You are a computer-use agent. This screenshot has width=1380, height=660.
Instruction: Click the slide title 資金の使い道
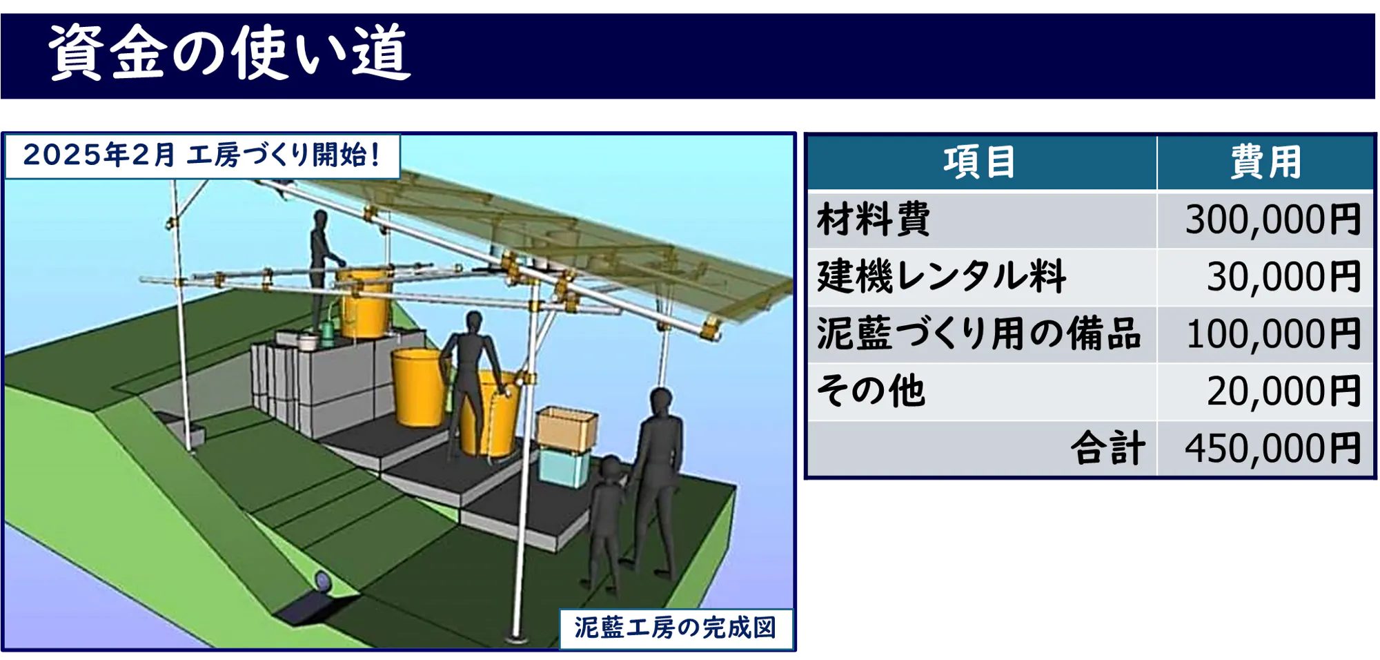(230, 52)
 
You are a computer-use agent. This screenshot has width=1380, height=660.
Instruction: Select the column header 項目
(980, 162)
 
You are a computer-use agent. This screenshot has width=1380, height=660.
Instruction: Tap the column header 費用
(1265, 162)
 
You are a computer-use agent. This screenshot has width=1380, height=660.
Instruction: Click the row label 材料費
(874, 220)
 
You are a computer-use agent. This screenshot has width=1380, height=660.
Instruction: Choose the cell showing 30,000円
(1284, 277)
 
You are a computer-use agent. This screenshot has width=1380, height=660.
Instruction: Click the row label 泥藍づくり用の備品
(978, 334)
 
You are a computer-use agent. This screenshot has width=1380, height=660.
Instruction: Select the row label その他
(871, 391)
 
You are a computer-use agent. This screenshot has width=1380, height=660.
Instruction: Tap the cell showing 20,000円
(1284, 391)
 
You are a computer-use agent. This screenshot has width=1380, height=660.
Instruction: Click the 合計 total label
(1108, 448)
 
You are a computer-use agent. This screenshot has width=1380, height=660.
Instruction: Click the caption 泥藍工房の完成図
(676, 628)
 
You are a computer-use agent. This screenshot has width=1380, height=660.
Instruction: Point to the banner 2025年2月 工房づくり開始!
(202, 155)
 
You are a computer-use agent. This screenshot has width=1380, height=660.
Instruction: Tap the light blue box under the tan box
(564, 466)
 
